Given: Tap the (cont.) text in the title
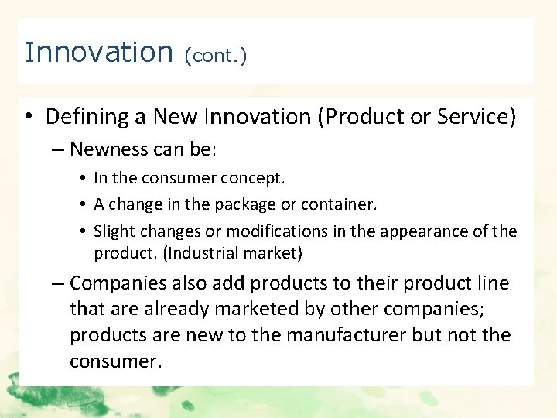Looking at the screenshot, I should [216, 57].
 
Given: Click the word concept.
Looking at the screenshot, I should [254, 178].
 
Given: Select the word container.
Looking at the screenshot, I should [340, 205].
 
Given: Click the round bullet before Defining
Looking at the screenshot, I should [28, 118].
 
